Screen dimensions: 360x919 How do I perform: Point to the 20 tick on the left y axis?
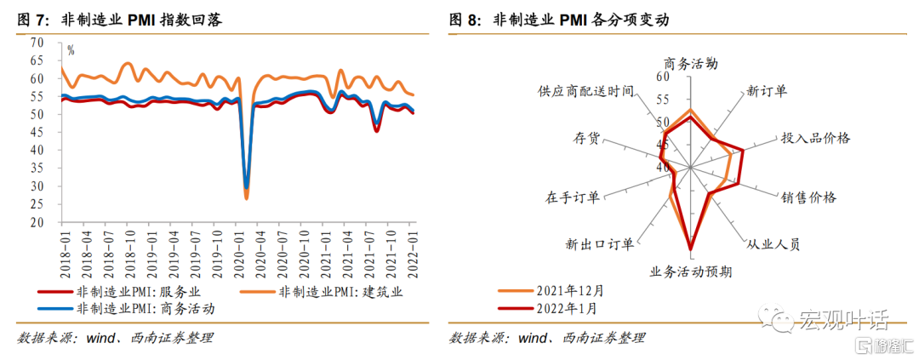point(37,223)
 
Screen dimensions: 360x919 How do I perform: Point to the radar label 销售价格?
point(808,197)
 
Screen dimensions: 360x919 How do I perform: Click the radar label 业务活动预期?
point(690,272)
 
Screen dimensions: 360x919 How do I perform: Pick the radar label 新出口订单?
point(599,244)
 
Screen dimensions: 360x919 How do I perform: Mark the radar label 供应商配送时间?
point(585,90)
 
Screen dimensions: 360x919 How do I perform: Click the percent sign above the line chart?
point(71,50)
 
